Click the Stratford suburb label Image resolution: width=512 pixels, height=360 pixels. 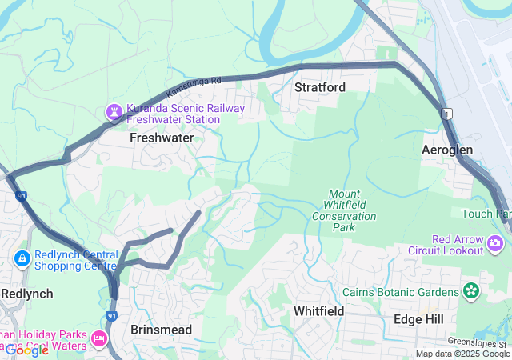coord(319,86)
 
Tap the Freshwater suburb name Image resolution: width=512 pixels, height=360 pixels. coord(162,138)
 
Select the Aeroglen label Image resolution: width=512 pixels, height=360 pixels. coord(447,150)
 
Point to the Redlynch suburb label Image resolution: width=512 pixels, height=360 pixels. coord(27,294)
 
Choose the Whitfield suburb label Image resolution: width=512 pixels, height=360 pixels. coord(318,310)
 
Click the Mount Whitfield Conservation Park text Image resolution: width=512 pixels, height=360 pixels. coord(344,210)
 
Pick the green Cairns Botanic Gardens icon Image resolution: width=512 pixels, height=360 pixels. coord(472,291)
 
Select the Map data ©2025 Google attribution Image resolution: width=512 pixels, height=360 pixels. coord(462,354)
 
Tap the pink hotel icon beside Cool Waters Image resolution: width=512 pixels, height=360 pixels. coord(100,339)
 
